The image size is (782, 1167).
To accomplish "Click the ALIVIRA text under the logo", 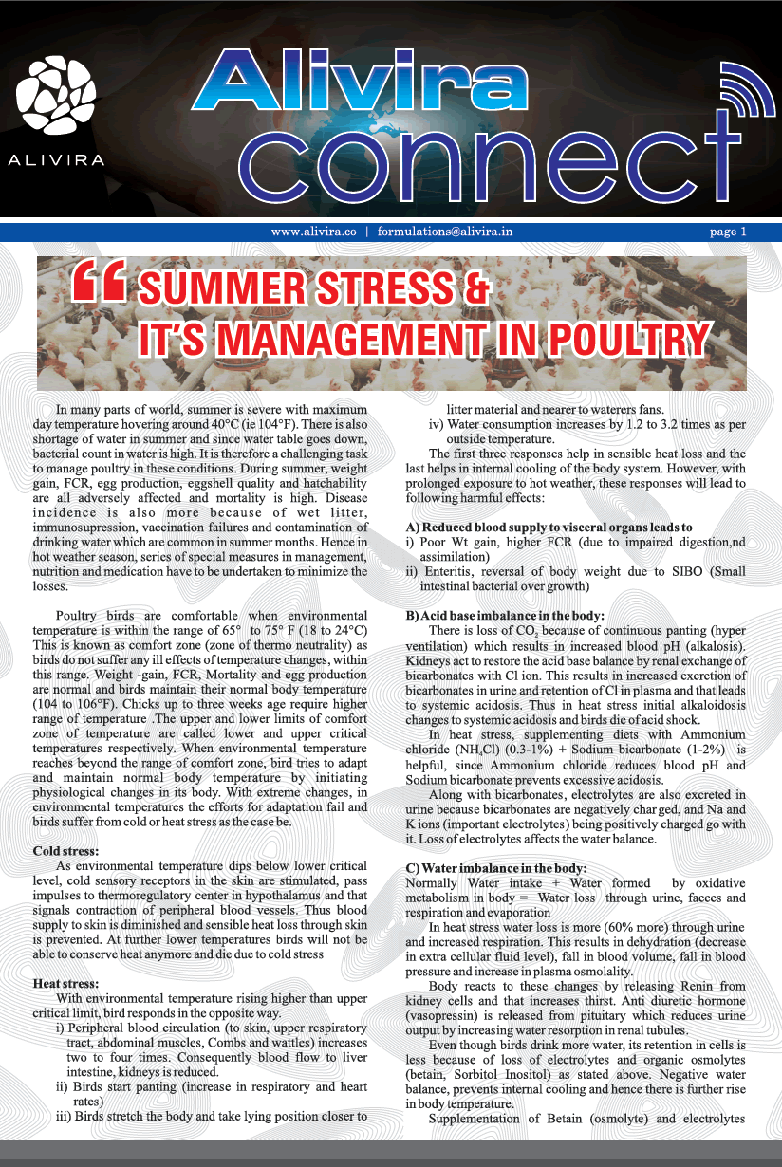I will [56, 160].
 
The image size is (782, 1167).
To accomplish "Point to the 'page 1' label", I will [728, 231].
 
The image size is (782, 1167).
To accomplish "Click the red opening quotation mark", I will [98, 286].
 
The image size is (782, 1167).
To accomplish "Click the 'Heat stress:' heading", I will [65, 984].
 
